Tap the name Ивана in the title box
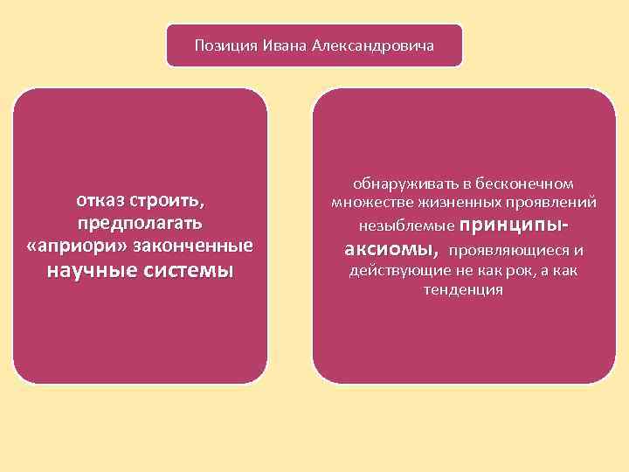(x=277, y=45)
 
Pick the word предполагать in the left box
(x=140, y=223)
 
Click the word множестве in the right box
(x=369, y=203)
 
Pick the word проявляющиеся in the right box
(x=505, y=251)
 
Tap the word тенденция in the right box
(x=463, y=290)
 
